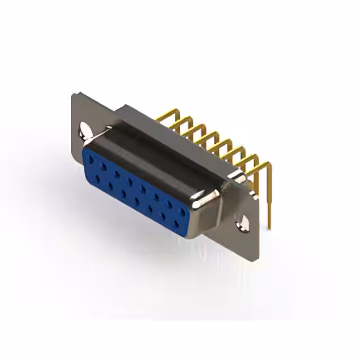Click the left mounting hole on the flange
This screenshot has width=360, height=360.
(84, 130)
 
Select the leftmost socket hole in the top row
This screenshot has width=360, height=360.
(91, 160)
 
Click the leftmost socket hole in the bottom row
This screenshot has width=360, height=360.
(98, 178)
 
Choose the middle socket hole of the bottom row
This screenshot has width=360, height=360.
(137, 200)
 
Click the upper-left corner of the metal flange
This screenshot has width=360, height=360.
(74, 96)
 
